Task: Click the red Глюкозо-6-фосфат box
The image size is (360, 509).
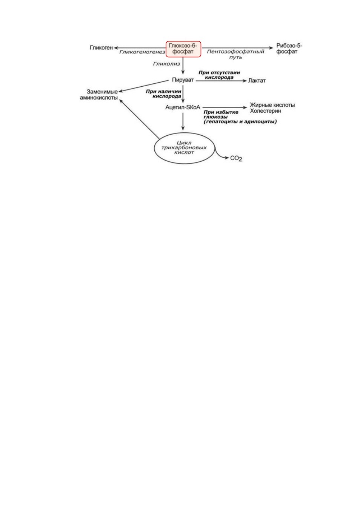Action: [x=183, y=49]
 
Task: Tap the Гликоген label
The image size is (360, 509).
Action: [x=101, y=48]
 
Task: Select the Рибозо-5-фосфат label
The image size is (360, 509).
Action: [x=289, y=49]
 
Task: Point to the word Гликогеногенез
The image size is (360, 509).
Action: [x=142, y=52]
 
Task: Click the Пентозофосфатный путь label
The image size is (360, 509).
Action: [x=235, y=54]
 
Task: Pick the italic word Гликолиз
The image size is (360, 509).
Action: [x=166, y=64]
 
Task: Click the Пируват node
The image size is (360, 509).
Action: [x=183, y=80]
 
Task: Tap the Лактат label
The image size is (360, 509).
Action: [x=257, y=81]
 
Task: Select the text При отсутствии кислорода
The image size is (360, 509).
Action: [x=219, y=75]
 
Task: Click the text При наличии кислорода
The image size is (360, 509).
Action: [x=163, y=94]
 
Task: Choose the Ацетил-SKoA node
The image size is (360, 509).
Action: [x=183, y=107]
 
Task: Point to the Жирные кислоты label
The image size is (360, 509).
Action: [x=272, y=105]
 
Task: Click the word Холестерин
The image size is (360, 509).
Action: [x=265, y=111]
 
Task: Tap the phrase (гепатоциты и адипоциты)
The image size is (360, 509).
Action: [x=240, y=122]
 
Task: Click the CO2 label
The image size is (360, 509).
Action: [x=236, y=158]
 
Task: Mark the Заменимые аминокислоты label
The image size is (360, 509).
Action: [x=99, y=95]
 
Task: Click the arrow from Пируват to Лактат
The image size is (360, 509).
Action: [x=221, y=81]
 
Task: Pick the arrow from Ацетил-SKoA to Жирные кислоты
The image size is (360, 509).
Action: [x=225, y=107]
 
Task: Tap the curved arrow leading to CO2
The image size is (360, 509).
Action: [x=220, y=157]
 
